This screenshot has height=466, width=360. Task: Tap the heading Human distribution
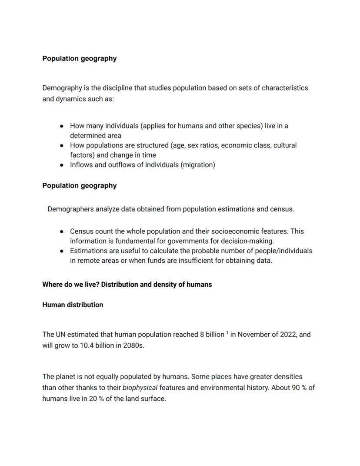tap(73, 305)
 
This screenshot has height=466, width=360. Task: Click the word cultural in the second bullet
tap(285, 145)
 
